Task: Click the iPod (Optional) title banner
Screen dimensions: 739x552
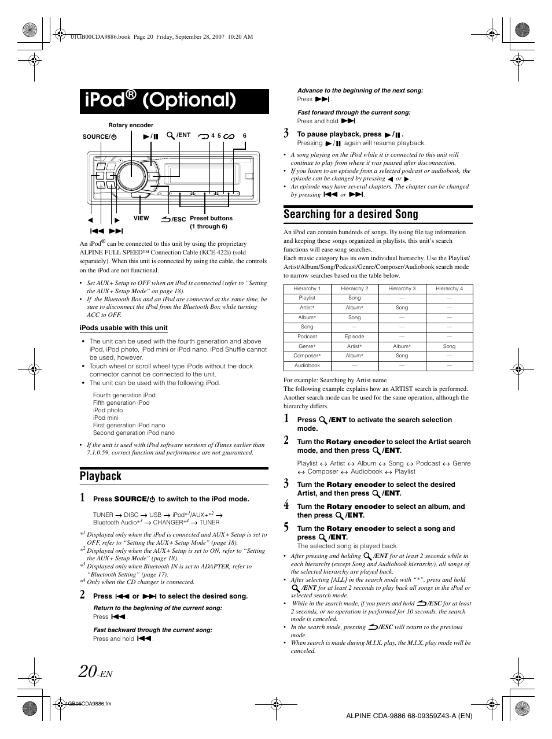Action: (x=174, y=101)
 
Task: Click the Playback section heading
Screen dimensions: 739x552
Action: (x=101, y=476)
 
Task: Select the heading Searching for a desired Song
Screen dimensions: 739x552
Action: (x=351, y=214)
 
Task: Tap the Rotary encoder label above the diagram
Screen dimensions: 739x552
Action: (x=131, y=125)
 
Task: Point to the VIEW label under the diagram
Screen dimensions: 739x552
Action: (x=141, y=219)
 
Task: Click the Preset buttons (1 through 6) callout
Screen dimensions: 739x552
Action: (x=211, y=222)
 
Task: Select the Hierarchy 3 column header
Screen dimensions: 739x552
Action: (x=402, y=289)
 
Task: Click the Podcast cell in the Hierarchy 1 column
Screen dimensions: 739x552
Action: (x=307, y=337)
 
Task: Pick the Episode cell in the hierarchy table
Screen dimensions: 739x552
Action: (x=355, y=337)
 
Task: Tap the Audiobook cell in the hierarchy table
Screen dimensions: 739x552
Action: (x=307, y=365)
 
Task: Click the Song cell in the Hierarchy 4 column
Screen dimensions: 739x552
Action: (x=449, y=346)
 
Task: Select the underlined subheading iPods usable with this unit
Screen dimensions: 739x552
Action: (x=123, y=328)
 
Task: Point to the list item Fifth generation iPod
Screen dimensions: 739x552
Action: (x=122, y=403)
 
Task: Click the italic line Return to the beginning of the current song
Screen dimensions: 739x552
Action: (x=157, y=608)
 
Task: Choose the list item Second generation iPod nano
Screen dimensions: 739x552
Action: (x=134, y=433)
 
